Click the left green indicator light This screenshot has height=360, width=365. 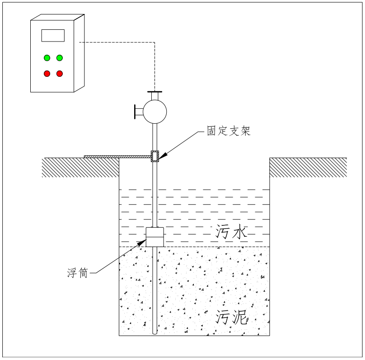pos(47,58)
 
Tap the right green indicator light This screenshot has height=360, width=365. pos(59,58)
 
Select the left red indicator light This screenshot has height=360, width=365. pos(47,73)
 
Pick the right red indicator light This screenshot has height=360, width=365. pos(59,73)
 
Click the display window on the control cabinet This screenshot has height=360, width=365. pos(53,35)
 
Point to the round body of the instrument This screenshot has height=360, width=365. pos(154,111)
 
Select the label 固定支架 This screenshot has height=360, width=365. pos(229,131)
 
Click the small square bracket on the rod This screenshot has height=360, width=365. pos(155,156)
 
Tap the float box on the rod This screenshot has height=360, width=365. pos(154,237)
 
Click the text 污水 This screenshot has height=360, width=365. pos(231,233)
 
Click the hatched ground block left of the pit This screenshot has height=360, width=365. pos(80,168)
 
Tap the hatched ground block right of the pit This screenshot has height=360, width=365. pos(308,168)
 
